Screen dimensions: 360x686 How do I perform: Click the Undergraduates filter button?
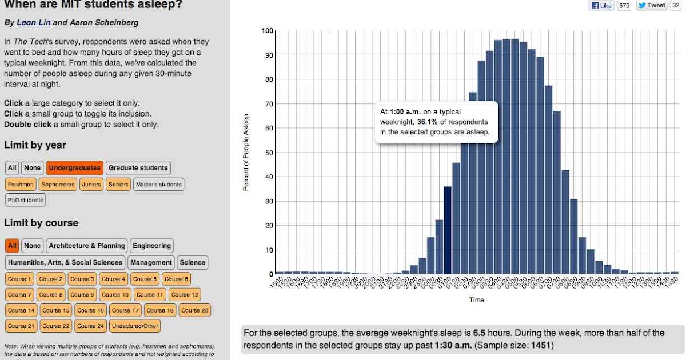[74, 168]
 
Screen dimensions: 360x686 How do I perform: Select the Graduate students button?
[138, 168]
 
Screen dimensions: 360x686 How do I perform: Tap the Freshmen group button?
[21, 185]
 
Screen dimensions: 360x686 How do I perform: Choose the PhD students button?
[25, 201]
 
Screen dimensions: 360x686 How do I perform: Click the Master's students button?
[158, 185]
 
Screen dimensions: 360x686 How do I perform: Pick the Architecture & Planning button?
[86, 246]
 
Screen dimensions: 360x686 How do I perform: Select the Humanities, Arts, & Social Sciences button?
[65, 262]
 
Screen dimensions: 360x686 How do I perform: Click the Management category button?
[150, 262]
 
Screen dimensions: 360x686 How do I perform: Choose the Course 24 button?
[90, 326]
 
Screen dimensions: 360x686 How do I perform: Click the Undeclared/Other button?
[135, 326]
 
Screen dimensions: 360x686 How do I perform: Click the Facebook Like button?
[601, 6]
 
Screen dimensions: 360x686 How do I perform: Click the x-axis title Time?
[476, 300]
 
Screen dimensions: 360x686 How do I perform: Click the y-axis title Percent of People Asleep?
[246, 152]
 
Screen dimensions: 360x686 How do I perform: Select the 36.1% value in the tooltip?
[427, 122]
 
